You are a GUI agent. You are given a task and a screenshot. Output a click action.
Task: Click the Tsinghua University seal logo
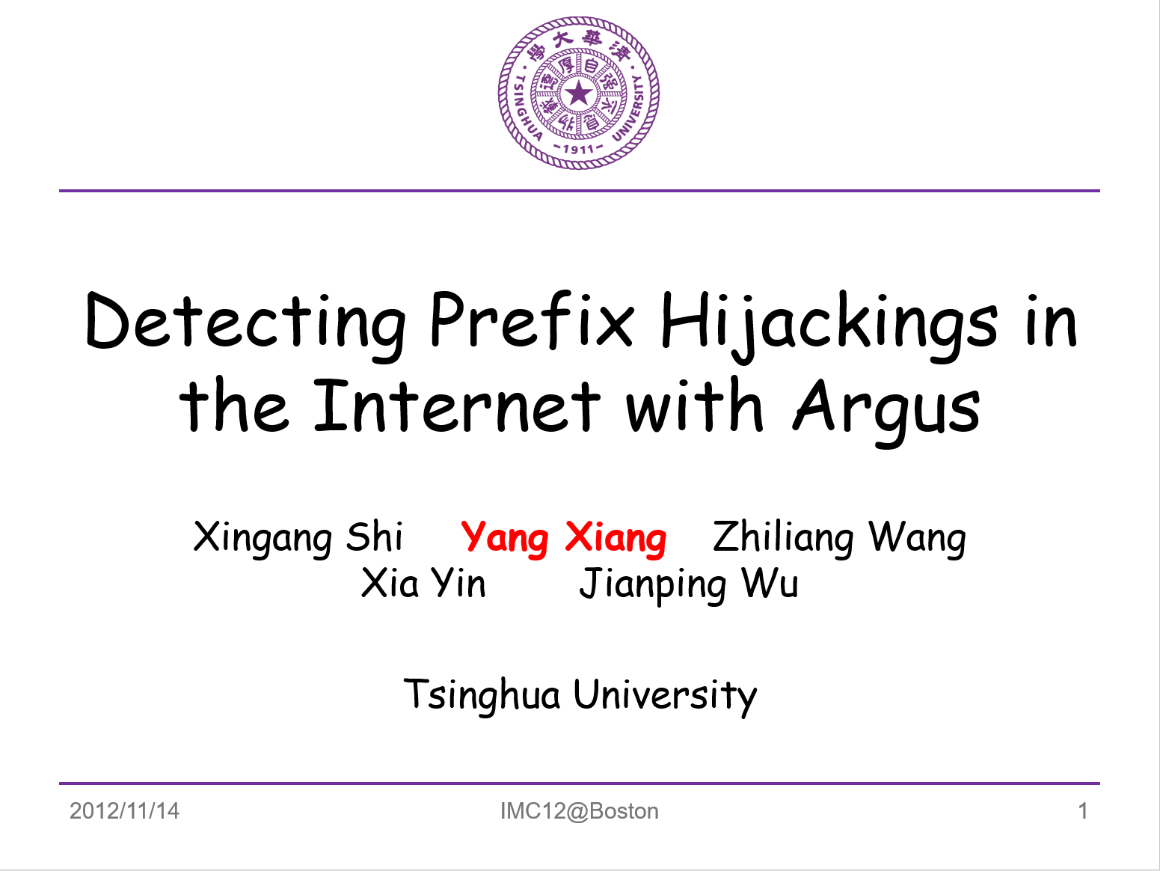coord(579,93)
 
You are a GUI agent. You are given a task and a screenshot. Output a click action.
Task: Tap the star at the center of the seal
coord(579,94)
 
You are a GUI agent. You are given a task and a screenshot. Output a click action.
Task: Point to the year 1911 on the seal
coord(578,149)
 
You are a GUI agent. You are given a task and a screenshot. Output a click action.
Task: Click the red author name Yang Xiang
coord(563,539)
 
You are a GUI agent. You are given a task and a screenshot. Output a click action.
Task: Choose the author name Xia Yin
coord(423,584)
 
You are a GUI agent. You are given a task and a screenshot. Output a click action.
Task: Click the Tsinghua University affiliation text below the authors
coord(580,696)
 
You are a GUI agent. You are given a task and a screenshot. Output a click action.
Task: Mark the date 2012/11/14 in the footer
coord(125,810)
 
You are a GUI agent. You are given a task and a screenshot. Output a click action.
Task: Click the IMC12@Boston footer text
coord(580,811)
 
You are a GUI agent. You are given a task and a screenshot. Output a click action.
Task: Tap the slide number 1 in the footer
coord(1083,810)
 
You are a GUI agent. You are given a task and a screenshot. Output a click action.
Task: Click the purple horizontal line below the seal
coord(579,191)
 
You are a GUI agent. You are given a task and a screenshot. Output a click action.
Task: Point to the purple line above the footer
coord(579,783)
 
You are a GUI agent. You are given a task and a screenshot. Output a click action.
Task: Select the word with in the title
coord(694,406)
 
